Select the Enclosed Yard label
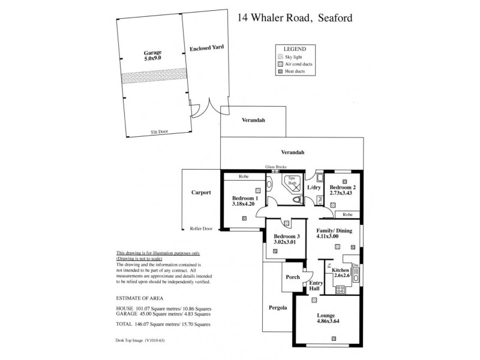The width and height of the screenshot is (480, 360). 206,47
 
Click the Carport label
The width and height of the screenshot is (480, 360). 201,193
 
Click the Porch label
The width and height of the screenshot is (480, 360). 293,277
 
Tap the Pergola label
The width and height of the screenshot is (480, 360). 277,308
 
